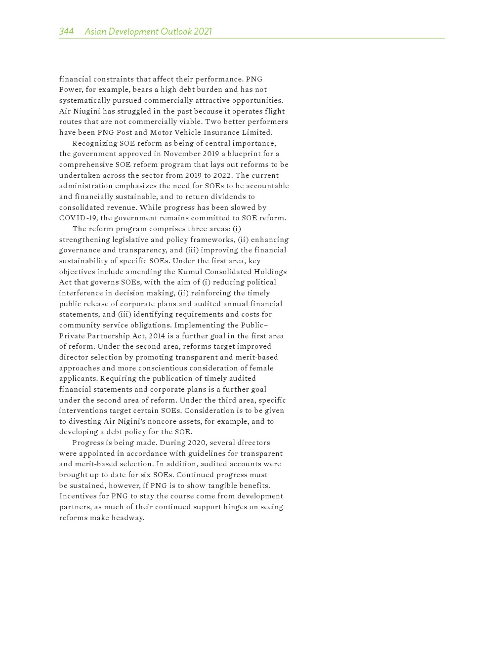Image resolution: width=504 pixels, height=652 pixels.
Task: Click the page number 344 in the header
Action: point(66,32)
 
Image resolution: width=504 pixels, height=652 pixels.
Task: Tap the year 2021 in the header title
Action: point(203,32)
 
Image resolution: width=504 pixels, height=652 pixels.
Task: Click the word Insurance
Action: point(224,132)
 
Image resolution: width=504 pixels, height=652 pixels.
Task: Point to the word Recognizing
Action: point(94,143)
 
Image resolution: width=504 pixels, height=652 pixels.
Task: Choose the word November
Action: point(181,154)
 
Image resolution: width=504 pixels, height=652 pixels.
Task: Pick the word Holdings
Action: point(270,272)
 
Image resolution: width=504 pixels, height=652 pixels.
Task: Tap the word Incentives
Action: point(78,496)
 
